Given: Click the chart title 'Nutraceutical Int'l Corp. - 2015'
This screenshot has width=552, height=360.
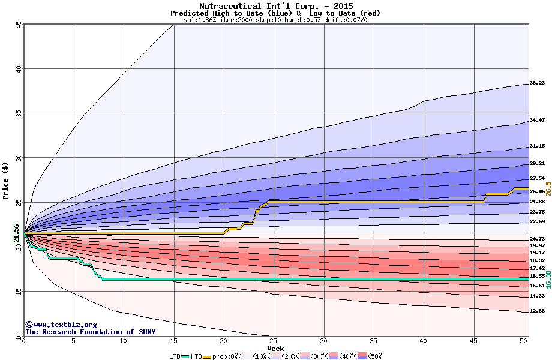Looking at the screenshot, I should click(x=275, y=6).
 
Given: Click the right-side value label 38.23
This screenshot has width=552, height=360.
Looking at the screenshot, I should click(x=537, y=83).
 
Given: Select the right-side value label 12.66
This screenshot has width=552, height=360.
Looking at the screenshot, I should click(x=537, y=311).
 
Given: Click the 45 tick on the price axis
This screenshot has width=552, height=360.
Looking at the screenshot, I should click(x=19, y=25).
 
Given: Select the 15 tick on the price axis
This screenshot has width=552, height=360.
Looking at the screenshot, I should click(x=19, y=291).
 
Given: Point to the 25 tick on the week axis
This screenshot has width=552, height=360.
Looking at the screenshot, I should click(x=274, y=341).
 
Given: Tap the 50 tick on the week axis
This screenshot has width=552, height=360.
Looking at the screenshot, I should click(x=523, y=341).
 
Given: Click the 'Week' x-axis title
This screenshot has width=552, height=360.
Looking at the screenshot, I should click(x=275, y=348).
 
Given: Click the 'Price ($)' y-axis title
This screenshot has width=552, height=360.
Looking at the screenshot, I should click(x=6, y=180).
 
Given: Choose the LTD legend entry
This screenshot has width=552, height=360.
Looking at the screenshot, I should click(x=175, y=356).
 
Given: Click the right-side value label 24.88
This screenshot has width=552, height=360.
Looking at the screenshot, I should click(x=537, y=202).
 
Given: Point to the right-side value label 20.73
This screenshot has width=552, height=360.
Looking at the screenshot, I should click(x=537, y=239).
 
